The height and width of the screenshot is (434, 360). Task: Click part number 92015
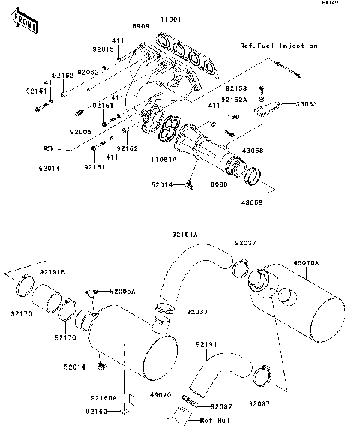pos(103,49)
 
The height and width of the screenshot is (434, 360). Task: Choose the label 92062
pos(89,72)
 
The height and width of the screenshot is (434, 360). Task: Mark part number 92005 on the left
pos(81,131)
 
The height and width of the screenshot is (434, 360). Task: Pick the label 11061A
pos(163,160)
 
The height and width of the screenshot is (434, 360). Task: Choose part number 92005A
pos(122,290)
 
